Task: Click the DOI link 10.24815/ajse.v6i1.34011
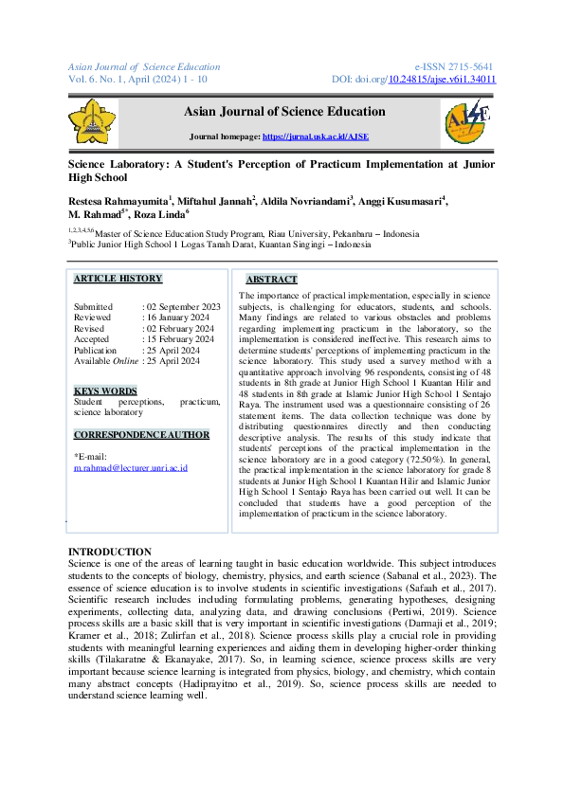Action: [443, 80]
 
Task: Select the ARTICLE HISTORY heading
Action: [118, 279]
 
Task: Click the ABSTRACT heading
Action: [271, 280]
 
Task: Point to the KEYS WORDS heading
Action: [105, 390]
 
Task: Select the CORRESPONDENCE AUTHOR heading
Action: [141, 434]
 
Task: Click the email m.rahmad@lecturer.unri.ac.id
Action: [131, 468]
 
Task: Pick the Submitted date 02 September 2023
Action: [183, 307]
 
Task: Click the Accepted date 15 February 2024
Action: [180, 339]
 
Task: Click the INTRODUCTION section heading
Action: [109, 552]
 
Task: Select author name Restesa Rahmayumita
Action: [118, 201]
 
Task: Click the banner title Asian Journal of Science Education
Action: [284, 112]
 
